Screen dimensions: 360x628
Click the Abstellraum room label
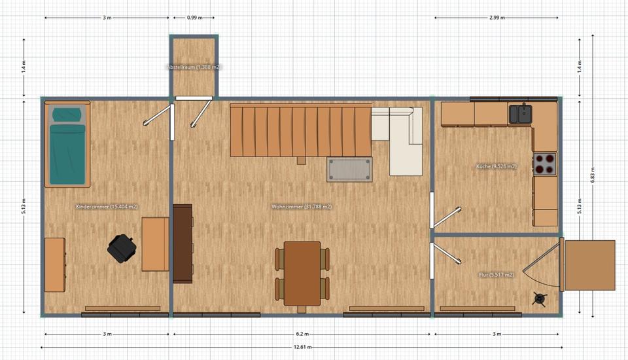tap(193, 67)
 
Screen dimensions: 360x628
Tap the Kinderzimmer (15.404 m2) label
tap(107, 207)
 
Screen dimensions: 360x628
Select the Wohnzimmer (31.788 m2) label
tap(302, 207)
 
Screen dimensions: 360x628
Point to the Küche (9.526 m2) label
tap(497, 166)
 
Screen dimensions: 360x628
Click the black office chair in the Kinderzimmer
tap(122, 248)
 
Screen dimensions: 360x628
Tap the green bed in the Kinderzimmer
tap(68, 145)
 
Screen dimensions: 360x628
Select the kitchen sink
tap(521, 113)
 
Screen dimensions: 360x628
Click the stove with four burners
tap(544, 164)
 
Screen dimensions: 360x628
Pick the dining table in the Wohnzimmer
tap(302, 273)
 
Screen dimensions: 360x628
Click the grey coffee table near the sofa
tap(351, 170)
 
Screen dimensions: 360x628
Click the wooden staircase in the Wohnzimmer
tap(300, 131)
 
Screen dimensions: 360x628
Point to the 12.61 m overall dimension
tap(302, 347)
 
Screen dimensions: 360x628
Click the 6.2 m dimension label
tap(302, 334)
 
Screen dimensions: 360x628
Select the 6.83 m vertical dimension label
tap(593, 177)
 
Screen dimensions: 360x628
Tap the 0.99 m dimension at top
tap(194, 18)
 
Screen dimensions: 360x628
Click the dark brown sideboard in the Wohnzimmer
tap(183, 243)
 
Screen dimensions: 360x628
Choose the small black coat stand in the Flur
tap(540, 299)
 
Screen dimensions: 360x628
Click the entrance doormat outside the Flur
tap(590, 265)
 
